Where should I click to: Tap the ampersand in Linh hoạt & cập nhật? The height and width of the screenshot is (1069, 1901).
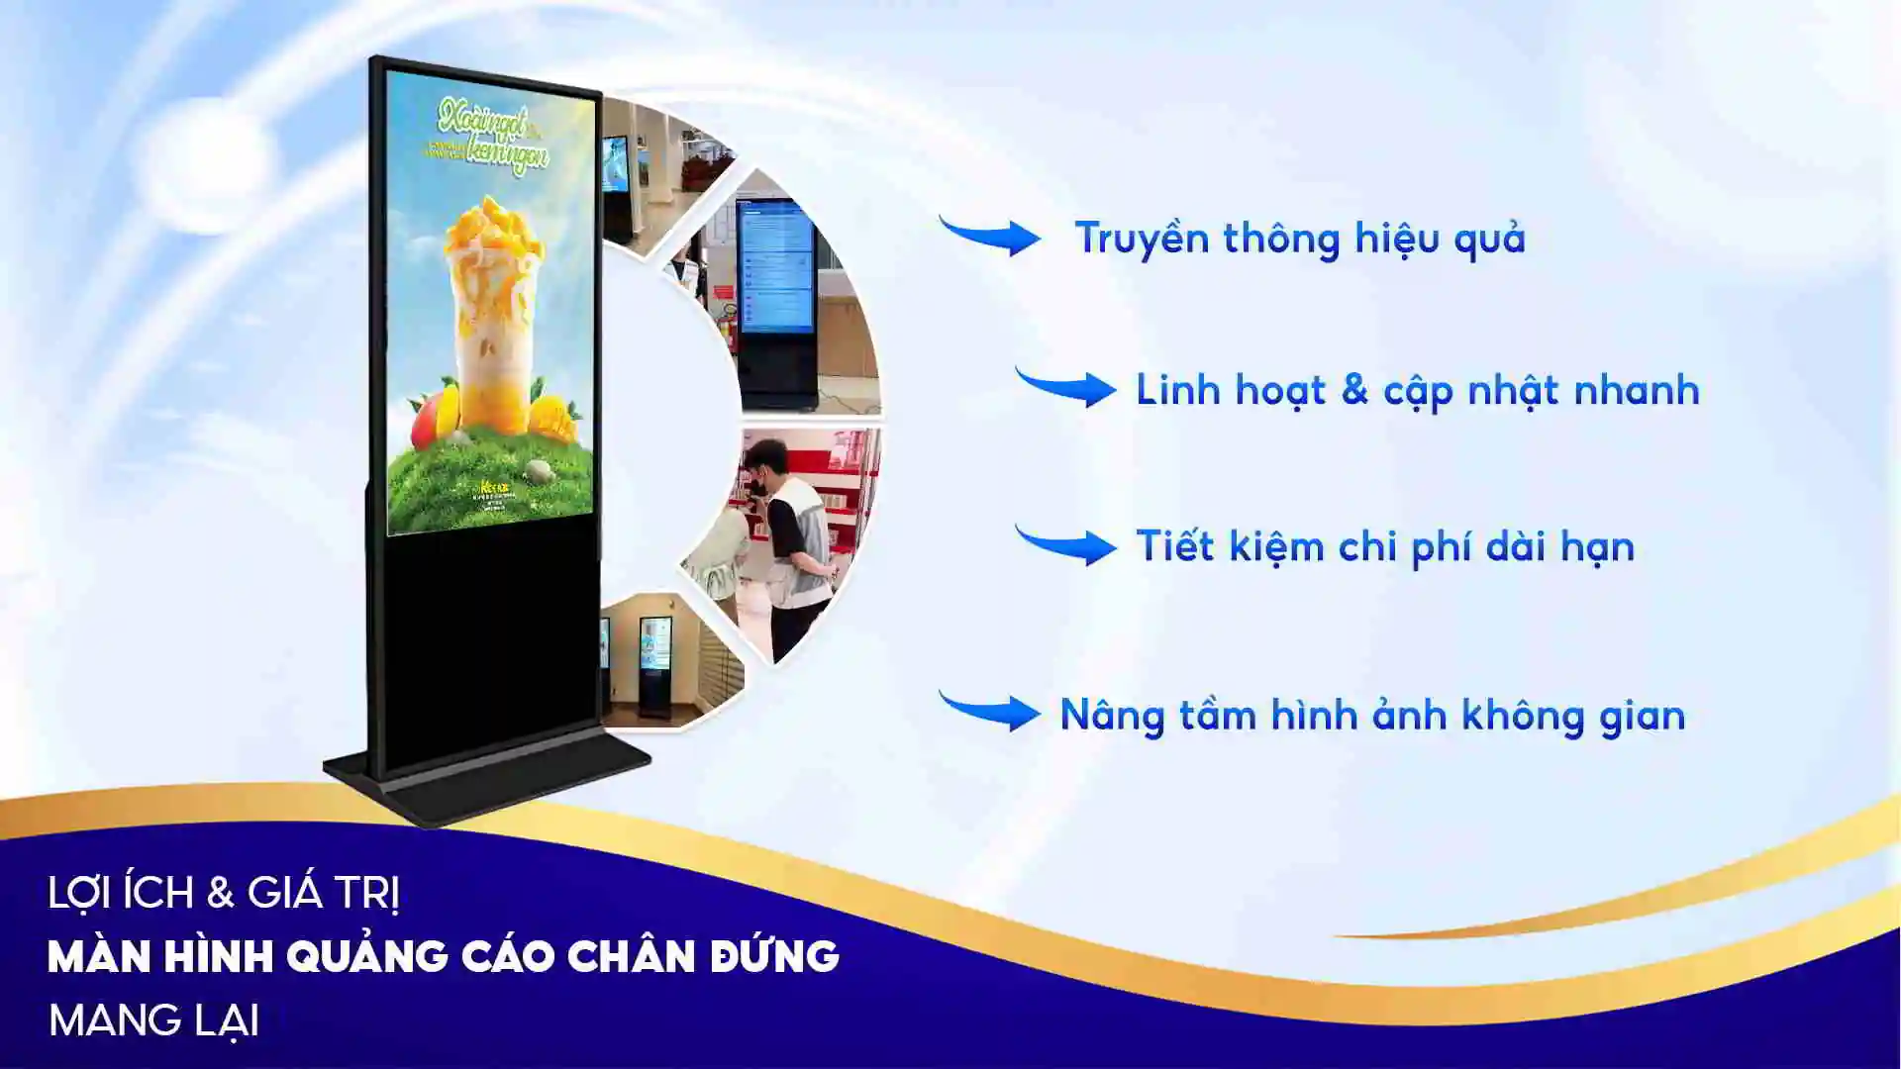[1354, 389]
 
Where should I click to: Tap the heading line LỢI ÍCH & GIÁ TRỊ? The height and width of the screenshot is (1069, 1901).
[224, 893]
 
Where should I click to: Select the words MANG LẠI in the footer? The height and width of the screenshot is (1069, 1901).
[153, 1020]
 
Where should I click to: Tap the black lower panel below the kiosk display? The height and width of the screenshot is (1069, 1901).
[490, 633]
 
